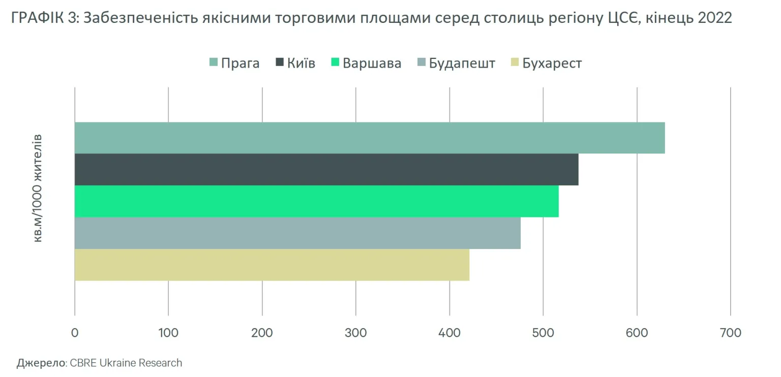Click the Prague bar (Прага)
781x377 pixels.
pyautogui.click(x=370, y=138)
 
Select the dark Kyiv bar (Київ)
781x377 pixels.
pyautogui.click(x=326, y=169)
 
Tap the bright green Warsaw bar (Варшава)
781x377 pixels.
pyautogui.click(x=316, y=201)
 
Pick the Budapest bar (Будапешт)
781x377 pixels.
pyautogui.click(x=297, y=233)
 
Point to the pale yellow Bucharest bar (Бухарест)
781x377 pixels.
pyautogui.click(x=272, y=265)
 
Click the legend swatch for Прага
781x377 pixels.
pyautogui.click(x=214, y=63)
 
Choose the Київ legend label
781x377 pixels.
pyautogui.click(x=301, y=63)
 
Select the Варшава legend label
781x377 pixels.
pyautogui.click(x=372, y=63)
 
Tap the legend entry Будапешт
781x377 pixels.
pyautogui.click(x=462, y=63)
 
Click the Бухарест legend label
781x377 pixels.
pyautogui.click(x=551, y=63)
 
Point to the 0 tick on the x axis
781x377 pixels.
pyautogui.click(x=75, y=333)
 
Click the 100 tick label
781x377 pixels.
pyautogui.click(x=168, y=333)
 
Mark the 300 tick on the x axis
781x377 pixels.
pyautogui.click(x=356, y=333)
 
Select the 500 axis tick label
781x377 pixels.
pyautogui.click(x=543, y=333)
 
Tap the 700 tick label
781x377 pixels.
pyautogui.click(x=731, y=333)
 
